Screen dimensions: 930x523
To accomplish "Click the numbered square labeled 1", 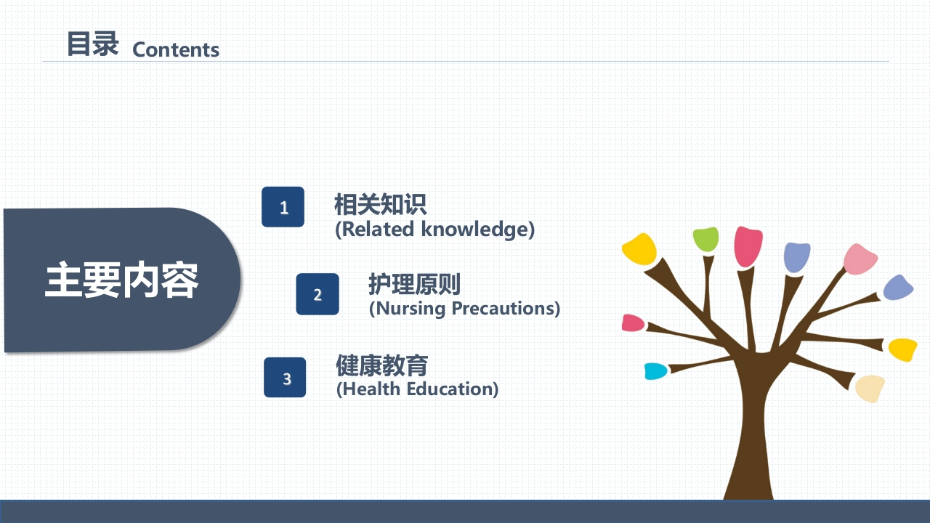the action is (283, 207).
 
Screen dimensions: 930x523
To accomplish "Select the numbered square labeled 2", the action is (318, 294).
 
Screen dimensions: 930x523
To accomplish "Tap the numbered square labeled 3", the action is (285, 377).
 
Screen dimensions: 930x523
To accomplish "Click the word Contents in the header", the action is (176, 50).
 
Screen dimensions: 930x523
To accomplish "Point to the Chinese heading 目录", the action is (92, 44).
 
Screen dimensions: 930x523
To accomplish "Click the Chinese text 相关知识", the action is (380, 204).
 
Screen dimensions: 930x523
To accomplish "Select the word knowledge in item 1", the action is (477, 229).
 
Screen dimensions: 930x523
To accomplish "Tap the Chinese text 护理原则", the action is (414, 284).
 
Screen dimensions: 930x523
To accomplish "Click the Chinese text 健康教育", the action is (382, 365).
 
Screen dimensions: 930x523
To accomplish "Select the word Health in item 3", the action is (371, 389).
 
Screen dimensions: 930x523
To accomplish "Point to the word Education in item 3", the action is (452, 389).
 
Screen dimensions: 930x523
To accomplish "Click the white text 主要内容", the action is (121, 280).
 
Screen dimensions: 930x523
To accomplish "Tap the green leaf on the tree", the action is (705, 239).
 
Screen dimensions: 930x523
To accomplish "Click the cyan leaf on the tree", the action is (655, 371).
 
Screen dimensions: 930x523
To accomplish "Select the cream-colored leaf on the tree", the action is (870, 389).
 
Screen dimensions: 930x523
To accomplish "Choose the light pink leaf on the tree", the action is (860, 259).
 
